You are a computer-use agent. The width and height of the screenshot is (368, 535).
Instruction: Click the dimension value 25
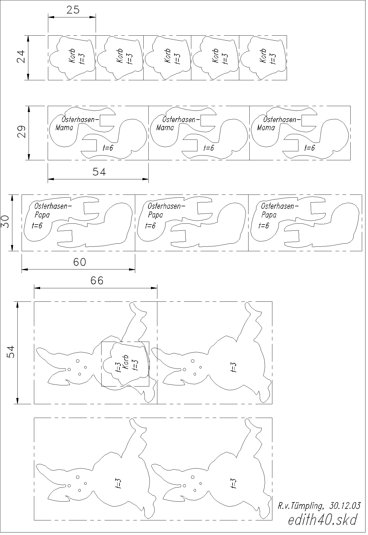73,10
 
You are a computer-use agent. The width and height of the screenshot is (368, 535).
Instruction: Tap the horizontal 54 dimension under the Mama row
99,172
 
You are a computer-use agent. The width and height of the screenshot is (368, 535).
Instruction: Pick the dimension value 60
80,262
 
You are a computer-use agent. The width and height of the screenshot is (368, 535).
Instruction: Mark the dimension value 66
97,280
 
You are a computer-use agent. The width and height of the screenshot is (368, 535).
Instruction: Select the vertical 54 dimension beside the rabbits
11,351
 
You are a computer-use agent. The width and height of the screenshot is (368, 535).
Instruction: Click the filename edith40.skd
323,520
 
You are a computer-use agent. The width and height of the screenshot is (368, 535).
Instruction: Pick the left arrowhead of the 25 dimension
51,17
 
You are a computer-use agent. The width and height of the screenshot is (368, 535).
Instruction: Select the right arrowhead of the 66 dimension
154,288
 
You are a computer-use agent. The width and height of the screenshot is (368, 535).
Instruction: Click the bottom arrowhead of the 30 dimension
12,248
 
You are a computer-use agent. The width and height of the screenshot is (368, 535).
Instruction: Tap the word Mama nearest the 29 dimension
64,128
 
